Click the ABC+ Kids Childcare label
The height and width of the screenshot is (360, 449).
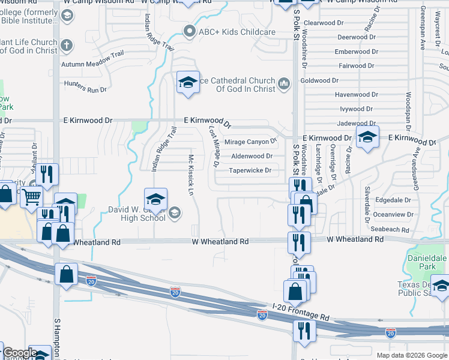pos(238,32)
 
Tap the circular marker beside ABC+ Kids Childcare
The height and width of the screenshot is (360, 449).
pos(190,31)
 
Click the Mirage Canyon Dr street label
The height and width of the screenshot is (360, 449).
pos(250,142)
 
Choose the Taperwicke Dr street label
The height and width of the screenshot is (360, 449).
pos(250,170)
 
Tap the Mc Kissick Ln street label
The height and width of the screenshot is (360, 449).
pos(191,175)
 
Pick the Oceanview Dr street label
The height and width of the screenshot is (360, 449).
pos(393,214)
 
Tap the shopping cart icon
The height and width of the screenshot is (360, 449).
pos(31,196)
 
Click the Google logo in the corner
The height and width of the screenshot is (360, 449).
pos(19,353)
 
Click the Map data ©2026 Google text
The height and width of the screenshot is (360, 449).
pos(411,355)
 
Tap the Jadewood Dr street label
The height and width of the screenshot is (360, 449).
pos(357,123)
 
